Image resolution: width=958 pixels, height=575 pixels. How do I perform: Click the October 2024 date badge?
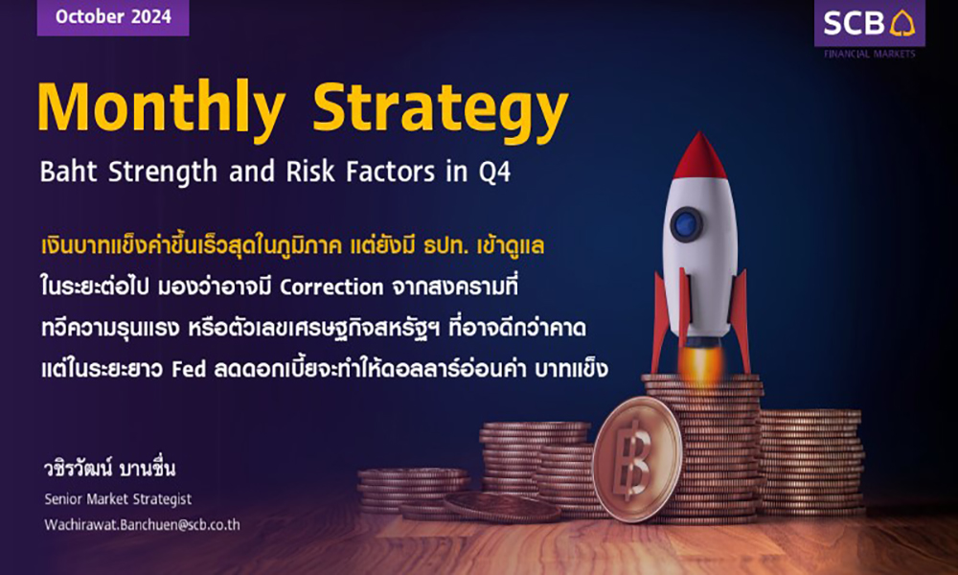click(x=113, y=17)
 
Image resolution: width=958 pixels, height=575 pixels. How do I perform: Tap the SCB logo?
click(x=870, y=23)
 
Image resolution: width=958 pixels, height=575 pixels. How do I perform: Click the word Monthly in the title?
click(x=161, y=108)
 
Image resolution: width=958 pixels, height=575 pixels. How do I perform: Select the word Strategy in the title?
click(x=441, y=110)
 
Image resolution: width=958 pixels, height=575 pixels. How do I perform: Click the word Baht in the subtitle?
click(x=68, y=172)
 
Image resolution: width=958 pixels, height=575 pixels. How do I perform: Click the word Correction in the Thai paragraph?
click(x=331, y=287)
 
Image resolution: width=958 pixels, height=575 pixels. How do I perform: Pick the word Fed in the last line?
click(x=188, y=370)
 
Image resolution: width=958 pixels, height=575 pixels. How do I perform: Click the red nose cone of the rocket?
click(x=699, y=156)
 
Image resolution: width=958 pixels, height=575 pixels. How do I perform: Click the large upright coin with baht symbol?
click(x=637, y=459)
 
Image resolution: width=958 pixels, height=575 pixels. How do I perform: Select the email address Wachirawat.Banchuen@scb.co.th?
click(x=142, y=525)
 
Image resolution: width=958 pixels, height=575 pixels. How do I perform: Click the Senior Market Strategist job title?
click(x=118, y=499)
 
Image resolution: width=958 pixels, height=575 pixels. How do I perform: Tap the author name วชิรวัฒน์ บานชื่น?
click(x=110, y=469)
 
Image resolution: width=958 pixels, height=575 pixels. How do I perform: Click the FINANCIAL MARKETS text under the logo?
click(x=870, y=54)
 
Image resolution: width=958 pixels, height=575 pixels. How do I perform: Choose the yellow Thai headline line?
click(x=292, y=245)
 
